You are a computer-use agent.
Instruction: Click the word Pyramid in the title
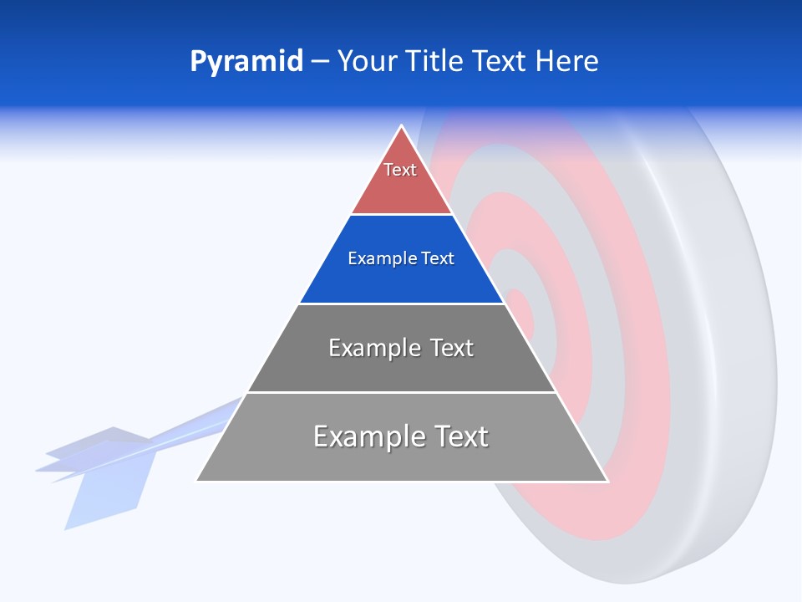coord(246,61)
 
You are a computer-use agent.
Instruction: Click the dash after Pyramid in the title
coord(320,61)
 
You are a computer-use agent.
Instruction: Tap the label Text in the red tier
coord(400,170)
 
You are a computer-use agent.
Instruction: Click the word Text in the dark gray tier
coord(446,348)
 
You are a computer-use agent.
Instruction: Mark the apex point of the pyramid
coord(402,126)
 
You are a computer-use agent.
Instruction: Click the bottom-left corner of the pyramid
coord(197,480)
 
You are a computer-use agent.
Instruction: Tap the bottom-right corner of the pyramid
coord(607,481)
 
